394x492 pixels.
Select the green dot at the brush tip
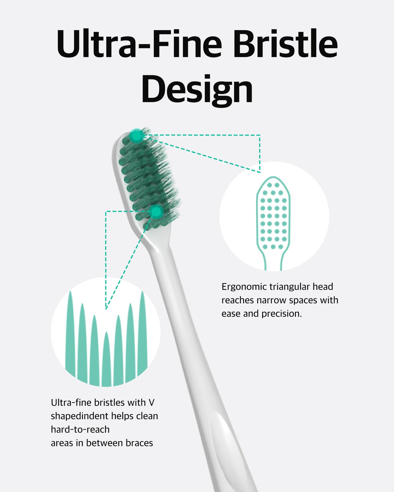(x=136, y=135)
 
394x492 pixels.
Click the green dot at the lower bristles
(x=156, y=212)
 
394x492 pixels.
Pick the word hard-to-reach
(x=80, y=430)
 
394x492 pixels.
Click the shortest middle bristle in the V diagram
(x=106, y=360)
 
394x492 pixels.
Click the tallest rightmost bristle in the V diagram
(x=142, y=332)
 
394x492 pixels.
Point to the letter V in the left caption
(x=152, y=403)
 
